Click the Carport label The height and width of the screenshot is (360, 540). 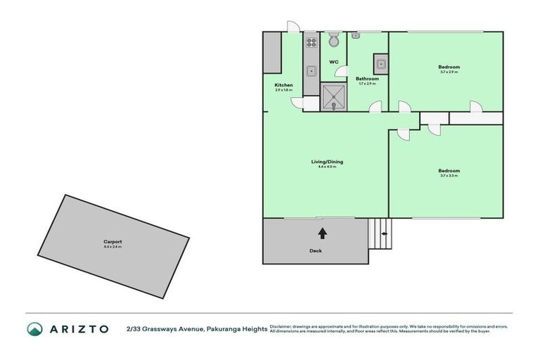pos(112,241)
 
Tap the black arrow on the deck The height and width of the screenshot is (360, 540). pos(322,233)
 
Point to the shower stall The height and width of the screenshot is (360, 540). pos(334,97)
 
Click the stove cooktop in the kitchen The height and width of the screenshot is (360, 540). pos(311,41)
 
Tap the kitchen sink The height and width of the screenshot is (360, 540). pos(311,70)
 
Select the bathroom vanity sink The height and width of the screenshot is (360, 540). pos(380,64)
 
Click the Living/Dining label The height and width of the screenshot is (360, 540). pos(327,162)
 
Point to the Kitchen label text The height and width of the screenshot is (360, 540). pos(283,85)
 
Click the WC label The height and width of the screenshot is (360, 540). pos(334,62)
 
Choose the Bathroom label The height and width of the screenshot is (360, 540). pos(367,79)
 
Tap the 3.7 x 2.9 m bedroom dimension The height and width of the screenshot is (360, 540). pos(449,72)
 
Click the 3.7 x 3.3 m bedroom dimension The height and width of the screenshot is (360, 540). pos(449,176)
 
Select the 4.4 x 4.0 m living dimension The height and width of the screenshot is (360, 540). pos(327,167)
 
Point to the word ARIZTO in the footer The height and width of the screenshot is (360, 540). pos(79,328)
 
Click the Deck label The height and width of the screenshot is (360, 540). pos(315,250)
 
